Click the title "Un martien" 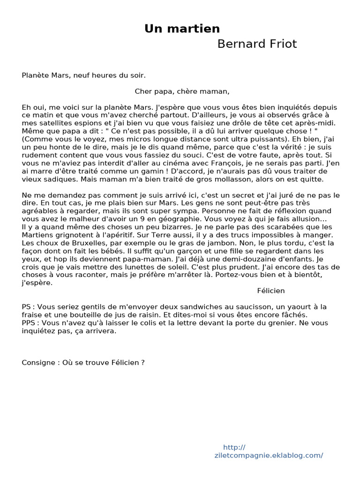182,29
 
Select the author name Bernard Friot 257,44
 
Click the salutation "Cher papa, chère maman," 182,91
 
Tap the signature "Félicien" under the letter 271,291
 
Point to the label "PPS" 29,323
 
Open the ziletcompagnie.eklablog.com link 269,455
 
